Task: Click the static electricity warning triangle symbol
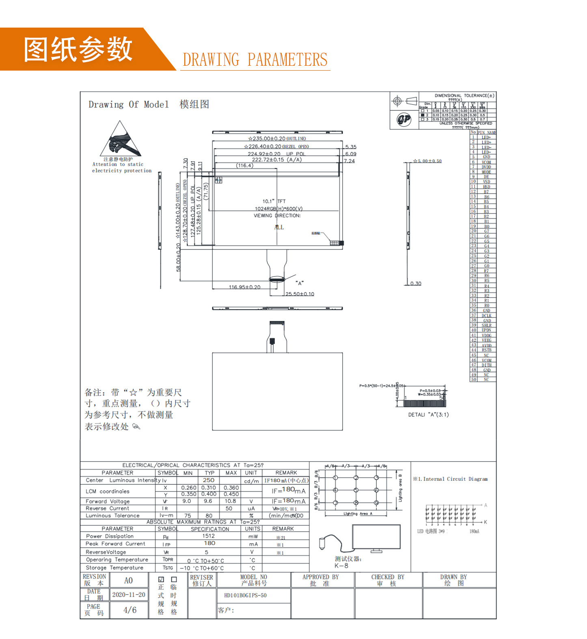point(120,139)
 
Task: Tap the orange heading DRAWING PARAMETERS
point(255,60)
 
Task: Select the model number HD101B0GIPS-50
point(245,595)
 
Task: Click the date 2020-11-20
point(129,594)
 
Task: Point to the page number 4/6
point(130,610)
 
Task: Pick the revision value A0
point(128,580)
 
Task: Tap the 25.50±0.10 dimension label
point(300,294)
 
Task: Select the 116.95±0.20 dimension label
point(244,287)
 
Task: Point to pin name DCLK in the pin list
point(486,315)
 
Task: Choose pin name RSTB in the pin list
point(486,350)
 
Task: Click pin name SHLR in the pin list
point(486,325)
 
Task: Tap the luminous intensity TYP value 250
point(209,480)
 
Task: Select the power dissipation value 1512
point(209,536)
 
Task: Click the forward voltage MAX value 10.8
point(230,501)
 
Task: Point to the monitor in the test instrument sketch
point(376,537)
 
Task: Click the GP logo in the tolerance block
point(404,119)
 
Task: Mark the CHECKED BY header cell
point(388,580)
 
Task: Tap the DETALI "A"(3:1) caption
point(428,415)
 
